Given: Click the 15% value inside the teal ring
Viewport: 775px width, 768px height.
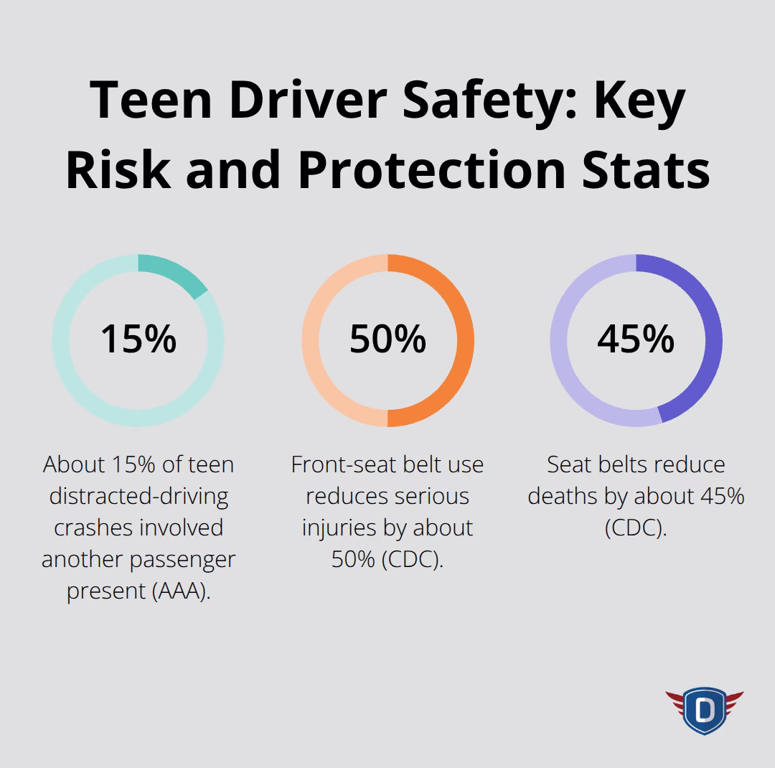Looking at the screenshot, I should pos(138,339).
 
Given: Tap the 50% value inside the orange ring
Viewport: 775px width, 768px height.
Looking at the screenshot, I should pos(387,339).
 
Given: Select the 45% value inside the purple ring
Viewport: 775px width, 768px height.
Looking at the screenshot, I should pos(636,339).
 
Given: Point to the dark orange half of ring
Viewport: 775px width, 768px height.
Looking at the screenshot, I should pos(464,340).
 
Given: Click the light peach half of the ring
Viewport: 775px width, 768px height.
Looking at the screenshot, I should pos(311,340).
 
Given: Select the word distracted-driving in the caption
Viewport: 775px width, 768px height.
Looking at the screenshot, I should pos(138,496).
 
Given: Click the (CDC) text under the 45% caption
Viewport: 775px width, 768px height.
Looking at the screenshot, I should pos(636,528).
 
